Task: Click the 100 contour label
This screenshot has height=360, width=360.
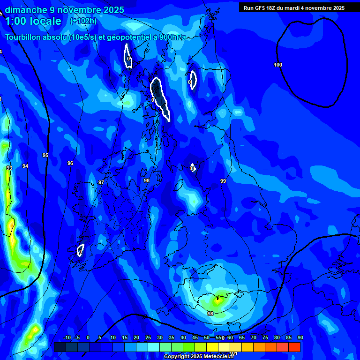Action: pos(278,65)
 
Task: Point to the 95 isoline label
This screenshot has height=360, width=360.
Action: pos(45,155)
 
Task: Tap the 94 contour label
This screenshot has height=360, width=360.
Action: pos(25,166)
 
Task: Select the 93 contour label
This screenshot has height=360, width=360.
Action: pos(9,168)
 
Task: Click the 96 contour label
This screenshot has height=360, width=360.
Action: pos(70,163)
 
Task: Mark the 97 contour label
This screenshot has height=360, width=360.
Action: pos(101,182)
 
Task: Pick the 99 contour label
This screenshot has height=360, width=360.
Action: pos(223,181)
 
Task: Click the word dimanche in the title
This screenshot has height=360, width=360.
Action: pos(26,10)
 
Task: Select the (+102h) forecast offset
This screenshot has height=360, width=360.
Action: pos(83,21)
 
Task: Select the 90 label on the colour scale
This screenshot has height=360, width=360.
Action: pos(300,337)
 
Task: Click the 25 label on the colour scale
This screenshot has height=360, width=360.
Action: pos(148,337)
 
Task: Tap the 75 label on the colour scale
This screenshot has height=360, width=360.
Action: pos(265,337)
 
